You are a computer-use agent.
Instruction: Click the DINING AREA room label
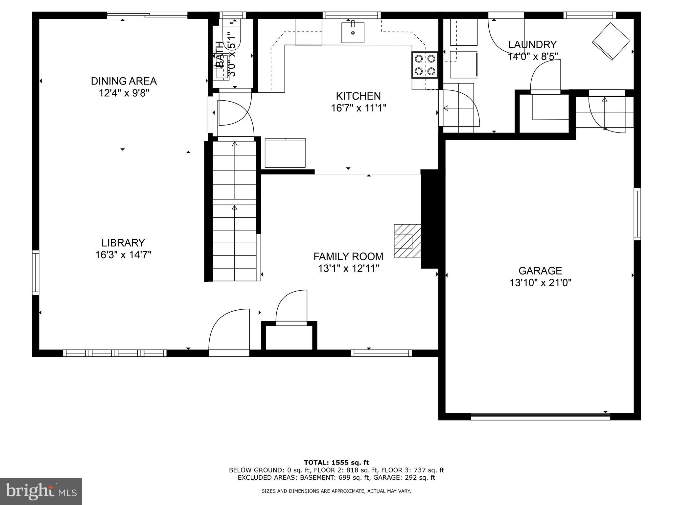[x=124, y=81]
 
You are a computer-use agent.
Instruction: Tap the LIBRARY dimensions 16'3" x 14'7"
[x=123, y=255]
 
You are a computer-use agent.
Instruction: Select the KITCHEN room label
[x=358, y=96]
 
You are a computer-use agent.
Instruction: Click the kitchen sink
[x=353, y=32]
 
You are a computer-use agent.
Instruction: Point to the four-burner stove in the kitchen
[x=425, y=65]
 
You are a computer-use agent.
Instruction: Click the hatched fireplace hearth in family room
[x=407, y=241]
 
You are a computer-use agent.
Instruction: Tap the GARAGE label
[x=540, y=271]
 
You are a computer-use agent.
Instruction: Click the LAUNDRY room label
[x=532, y=44]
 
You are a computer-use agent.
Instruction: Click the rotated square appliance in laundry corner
[x=611, y=41]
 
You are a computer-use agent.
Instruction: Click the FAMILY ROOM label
[x=348, y=256]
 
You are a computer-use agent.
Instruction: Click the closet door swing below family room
[x=291, y=306]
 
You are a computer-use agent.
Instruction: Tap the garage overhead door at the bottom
[x=540, y=417]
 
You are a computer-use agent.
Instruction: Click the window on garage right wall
[x=637, y=214]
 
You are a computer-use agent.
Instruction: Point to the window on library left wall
[x=35, y=272]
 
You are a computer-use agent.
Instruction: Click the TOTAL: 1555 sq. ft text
[x=336, y=463]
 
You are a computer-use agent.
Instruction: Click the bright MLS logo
[x=41, y=491]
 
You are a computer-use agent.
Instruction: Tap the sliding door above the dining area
[x=147, y=15]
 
